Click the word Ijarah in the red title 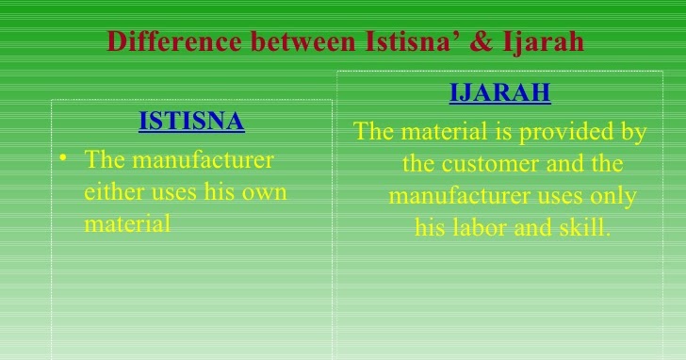[x=551, y=42]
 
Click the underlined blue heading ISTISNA [x=191, y=121]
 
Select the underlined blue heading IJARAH [x=499, y=93]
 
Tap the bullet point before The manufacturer [x=62, y=159]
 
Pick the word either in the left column [x=110, y=191]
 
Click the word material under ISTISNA [x=126, y=223]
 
